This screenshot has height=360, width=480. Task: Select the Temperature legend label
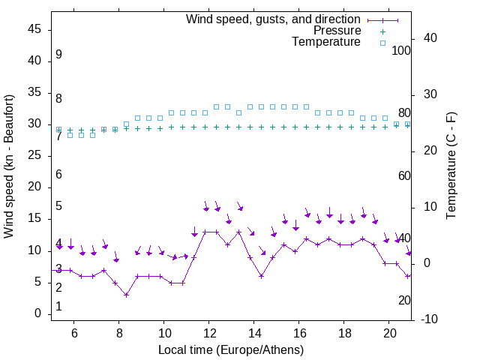pyautogui.click(x=326, y=42)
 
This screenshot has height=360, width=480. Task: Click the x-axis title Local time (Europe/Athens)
pyautogui.click(x=231, y=349)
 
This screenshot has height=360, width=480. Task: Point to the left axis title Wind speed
pyautogui.click(x=9, y=166)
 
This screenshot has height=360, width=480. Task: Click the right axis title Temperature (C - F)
pyautogui.click(x=451, y=166)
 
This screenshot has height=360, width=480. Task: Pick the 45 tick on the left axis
pyautogui.click(x=34, y=29)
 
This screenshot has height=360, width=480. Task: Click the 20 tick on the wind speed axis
pyautogui.click(x=34, y=187)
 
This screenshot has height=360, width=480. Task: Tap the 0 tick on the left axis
pyautogui.click(x=38, y=313)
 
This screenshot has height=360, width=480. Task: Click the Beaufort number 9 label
pyautogui.click(x=58, y=55)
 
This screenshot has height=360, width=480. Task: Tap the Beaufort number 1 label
pyautogui.click(x=58, y=307)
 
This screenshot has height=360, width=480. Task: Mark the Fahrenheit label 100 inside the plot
pyautogui.click(x=401, y=51)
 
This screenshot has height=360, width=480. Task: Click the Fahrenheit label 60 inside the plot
pyautogui.click(x=404, y=175)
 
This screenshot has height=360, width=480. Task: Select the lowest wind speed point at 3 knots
pyautogui.click(x=127, y=295)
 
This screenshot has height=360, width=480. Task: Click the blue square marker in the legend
pyautogui.click(x=382, y=43)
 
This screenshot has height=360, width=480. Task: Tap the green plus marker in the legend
pyautogui.click(x=382, y=31)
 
